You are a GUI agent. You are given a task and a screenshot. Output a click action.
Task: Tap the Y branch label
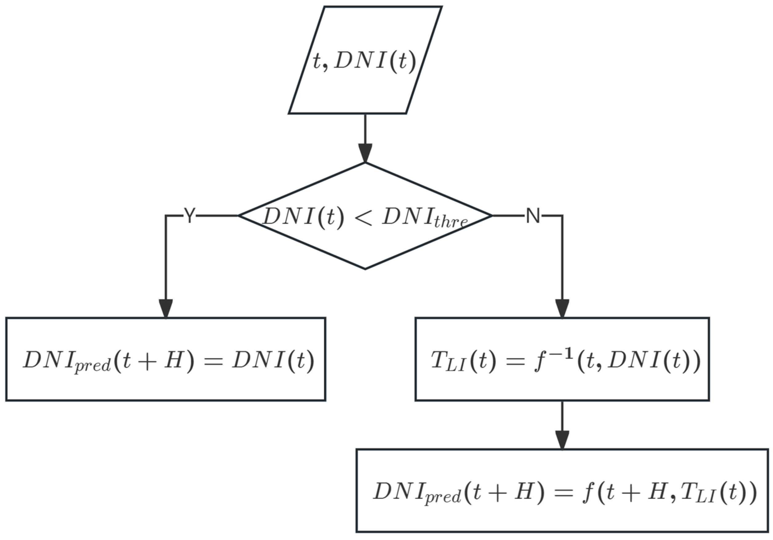click(x=189, y=215)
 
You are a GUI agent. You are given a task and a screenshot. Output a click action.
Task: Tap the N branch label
click(x=533, y=215)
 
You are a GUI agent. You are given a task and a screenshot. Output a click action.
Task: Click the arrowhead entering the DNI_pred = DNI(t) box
click(x=165, y=308)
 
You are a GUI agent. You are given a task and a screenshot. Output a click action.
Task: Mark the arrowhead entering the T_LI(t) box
click(x=562, y=308)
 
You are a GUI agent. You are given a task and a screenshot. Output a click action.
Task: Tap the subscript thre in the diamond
click(x=451, y=222)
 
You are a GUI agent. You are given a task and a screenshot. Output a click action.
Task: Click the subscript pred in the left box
click(x=93, y=365)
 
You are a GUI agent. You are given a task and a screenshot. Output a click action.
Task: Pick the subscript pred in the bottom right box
click(x=442, y=497)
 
